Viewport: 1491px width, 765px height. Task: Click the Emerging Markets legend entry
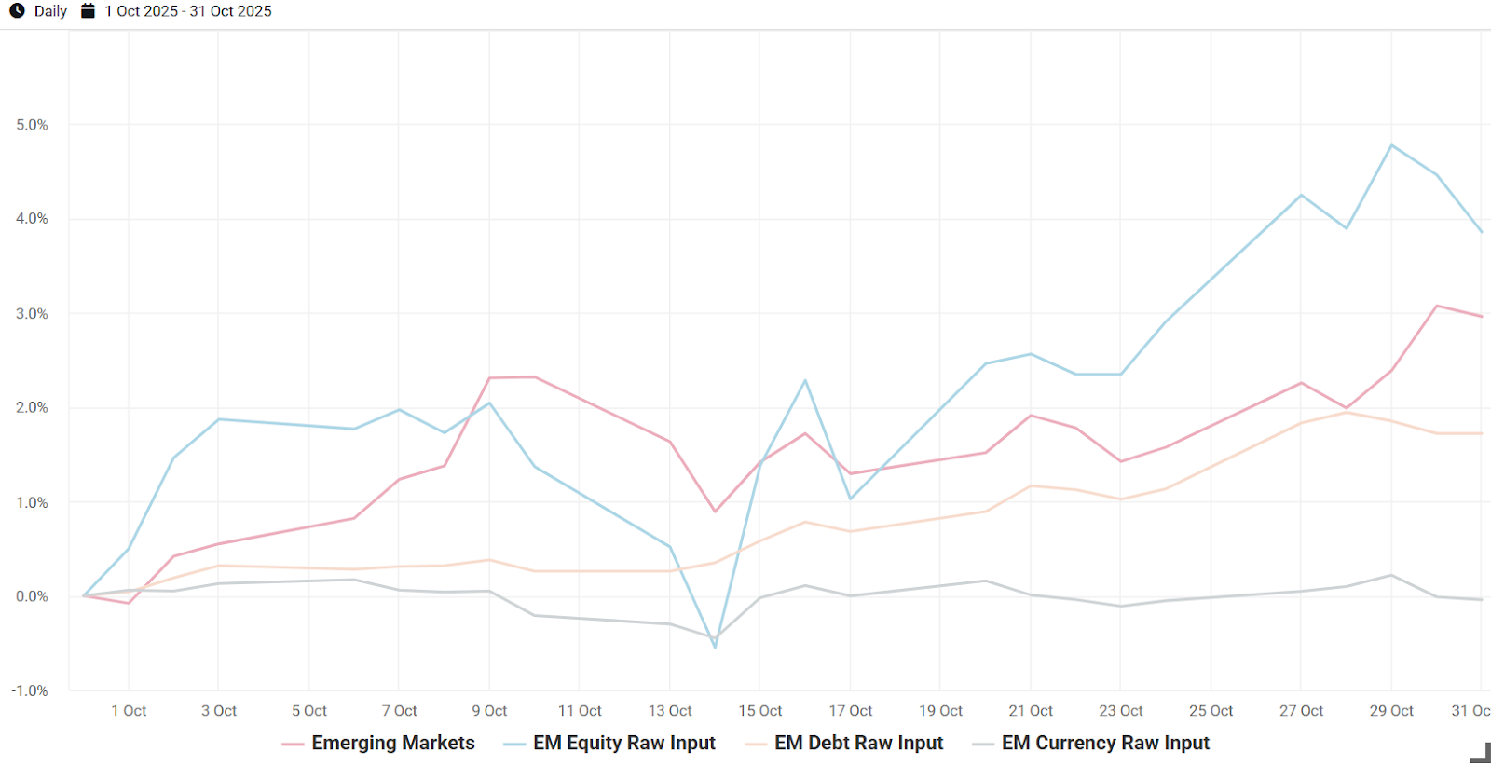(392, 743)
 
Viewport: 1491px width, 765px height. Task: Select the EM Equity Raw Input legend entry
(623, 743)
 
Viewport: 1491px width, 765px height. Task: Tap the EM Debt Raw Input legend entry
(858, 743)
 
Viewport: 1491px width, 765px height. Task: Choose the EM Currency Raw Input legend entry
(1105, 743)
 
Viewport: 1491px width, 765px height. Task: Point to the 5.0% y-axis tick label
(32, 125)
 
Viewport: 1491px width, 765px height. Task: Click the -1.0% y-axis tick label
(30, 690)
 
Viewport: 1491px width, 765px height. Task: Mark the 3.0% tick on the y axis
(32, 314)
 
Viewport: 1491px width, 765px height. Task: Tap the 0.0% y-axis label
(32, 596)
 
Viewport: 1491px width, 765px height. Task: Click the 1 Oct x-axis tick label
(129, 711)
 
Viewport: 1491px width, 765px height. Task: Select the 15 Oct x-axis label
(760, 711)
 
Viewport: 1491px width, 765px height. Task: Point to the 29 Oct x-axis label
(1391, 711)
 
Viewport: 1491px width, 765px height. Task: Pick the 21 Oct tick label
(1031, 711)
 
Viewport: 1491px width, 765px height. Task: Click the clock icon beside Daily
(17, 11)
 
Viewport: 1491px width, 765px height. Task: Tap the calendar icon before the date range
(88, 11)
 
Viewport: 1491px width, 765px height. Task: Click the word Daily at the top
(50, 11)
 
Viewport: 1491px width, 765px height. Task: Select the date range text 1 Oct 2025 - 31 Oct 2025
(188, 11)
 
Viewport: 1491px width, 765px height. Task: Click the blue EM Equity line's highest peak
(1391, 145)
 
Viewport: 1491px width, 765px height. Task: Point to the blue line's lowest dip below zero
(715, 647)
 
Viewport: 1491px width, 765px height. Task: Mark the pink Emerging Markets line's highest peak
(1437, 306)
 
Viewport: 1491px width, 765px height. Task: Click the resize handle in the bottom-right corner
(1481, 753)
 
